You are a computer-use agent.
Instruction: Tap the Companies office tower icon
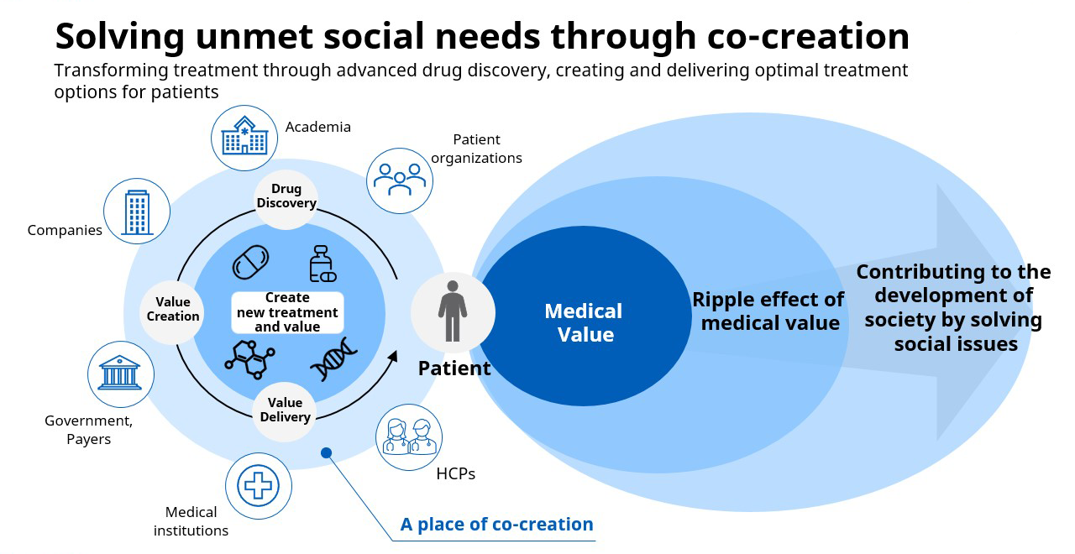[x=137, y=212]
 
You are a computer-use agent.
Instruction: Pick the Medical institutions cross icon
[x=259, y=486]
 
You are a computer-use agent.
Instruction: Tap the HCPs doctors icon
[x=409, y=436]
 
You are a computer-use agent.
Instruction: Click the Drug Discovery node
[x=286, y=196]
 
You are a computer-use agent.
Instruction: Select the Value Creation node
[x=173, y=309]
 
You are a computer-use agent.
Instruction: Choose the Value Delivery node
[x=285, y=410]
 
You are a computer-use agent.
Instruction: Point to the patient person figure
[x=453, y=311]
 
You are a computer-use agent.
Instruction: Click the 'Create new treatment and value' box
[x=287, y=312]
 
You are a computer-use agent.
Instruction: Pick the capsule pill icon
[x=250, y=263]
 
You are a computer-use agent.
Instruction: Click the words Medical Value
[x=584, y=322]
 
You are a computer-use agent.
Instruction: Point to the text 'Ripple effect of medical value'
[x=768, y=311]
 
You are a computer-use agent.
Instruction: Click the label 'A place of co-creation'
[x=496, y=525]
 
